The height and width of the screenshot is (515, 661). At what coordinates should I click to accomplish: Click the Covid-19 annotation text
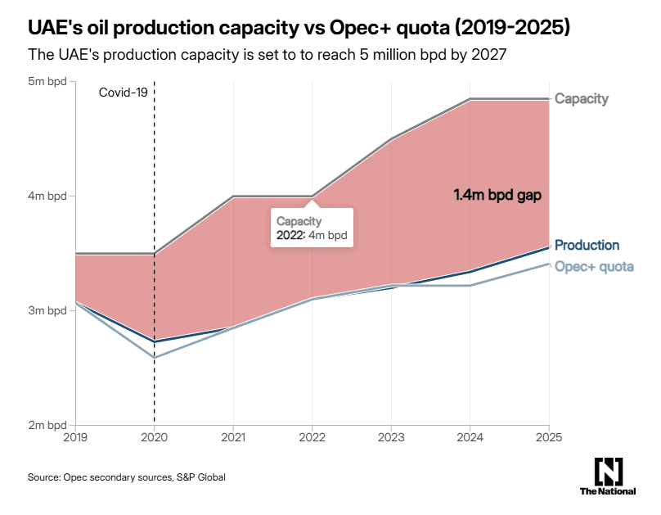[x=121, y=93]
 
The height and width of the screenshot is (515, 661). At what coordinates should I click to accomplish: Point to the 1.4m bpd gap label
[x=498, y=196]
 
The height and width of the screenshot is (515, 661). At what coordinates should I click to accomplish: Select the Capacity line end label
[x=582, y=99]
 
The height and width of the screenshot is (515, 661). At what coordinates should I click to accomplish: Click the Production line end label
[x=587, y=245]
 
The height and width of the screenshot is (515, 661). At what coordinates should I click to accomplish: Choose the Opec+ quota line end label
[x=594, y=266]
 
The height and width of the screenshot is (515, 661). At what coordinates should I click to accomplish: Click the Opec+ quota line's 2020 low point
[x=155, y=358]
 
